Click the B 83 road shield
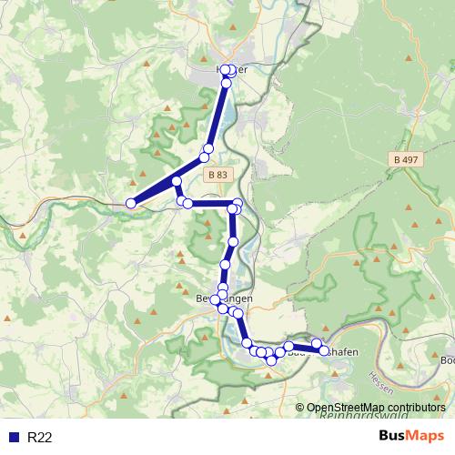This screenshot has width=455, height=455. coord(217,175)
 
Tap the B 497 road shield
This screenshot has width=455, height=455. coord(409,159)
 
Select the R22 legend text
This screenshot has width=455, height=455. coord(39,438)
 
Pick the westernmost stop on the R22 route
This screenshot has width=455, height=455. coord(131,203)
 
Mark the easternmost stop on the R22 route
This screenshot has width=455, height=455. coord(324,349)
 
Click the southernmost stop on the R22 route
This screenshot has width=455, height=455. coord(270,361)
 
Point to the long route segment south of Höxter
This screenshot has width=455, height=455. coord(217,114)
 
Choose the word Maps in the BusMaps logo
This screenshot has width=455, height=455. coord(428,437)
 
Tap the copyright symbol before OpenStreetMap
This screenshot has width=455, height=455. coord(300,409)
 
